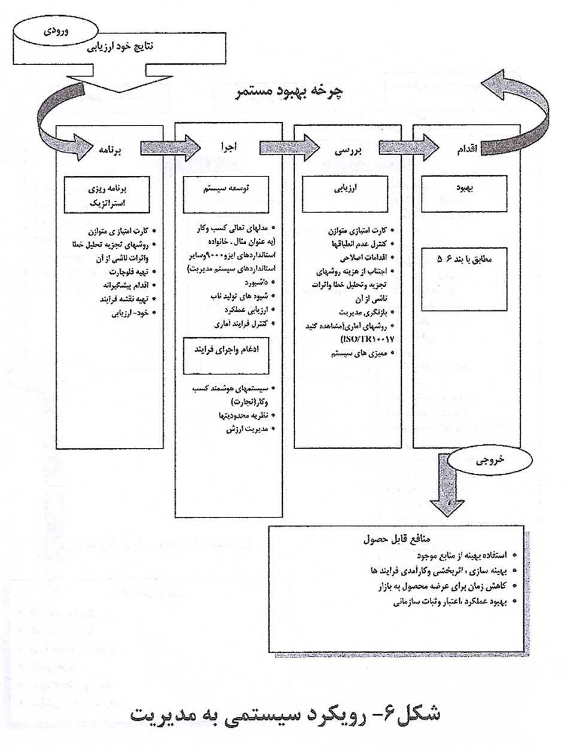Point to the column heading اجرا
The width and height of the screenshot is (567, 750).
pyautogui.click(x=230, y=148)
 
